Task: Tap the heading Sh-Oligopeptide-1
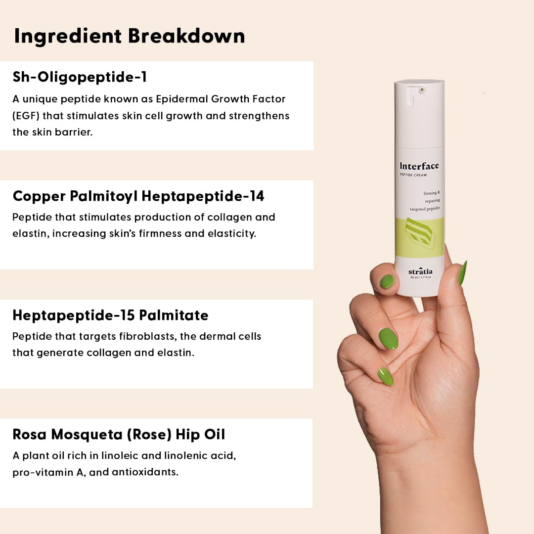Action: click(80, 77)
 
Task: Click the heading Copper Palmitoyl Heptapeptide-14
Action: click(138, 196)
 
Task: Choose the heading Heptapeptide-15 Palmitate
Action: click(110, 315)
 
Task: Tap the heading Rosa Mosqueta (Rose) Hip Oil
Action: click(119, 435)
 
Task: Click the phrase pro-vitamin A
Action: click(44, 472)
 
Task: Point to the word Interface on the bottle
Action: click(419, 166)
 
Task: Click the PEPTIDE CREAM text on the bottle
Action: click(413, 175)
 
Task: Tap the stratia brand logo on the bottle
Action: click(420, 271)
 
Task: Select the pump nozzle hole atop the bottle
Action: click(422, 90)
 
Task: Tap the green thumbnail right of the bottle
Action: click(462, 273)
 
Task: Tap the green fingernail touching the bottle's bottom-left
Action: click(387, 281)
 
